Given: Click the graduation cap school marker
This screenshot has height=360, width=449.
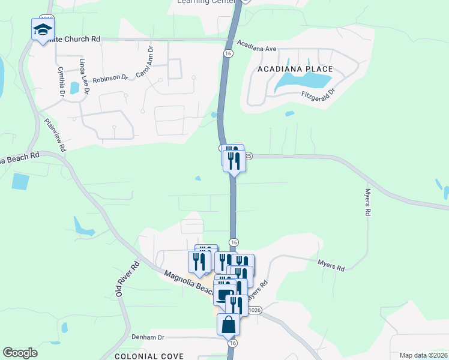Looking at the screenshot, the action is click(x=43, y=30).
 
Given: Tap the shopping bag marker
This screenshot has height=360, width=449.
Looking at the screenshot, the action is click(x=228, y=325).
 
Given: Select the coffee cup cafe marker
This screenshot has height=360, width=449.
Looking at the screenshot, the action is click(x=224, y=296).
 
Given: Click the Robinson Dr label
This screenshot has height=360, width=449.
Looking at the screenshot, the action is click(x=111, y=77).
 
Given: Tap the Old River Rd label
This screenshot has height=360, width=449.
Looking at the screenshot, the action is click(x=127, y=278).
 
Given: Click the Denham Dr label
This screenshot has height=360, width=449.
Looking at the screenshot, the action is click(x=148, y=337).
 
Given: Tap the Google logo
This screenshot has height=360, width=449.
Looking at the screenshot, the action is click(x=20, y=353).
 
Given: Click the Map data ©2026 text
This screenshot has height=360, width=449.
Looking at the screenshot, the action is click(x=424, y=355).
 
